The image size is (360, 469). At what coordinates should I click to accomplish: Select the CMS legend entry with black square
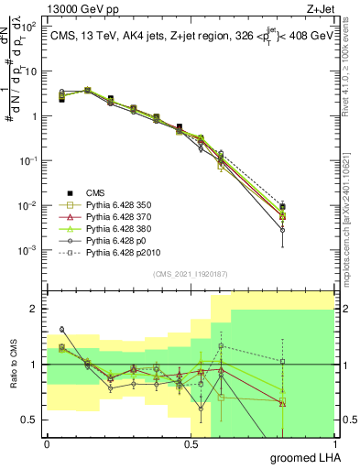click(x=95, y=192)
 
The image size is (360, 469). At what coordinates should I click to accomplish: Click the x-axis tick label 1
click(x=335, y=443)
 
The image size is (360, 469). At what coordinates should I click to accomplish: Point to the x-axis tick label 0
click(x=46, y=443)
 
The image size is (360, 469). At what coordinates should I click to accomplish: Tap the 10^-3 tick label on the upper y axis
click(x=27, y=250)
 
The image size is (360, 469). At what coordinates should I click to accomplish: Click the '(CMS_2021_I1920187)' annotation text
click(x=191, y=274)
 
